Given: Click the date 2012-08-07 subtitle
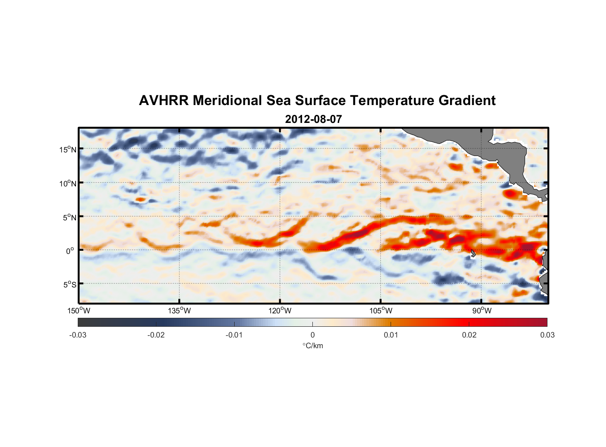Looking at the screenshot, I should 313,119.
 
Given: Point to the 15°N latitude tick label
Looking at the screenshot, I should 67,149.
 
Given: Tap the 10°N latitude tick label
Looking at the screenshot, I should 67,183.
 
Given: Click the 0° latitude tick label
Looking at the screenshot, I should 70,251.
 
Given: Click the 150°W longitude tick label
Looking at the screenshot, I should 79,311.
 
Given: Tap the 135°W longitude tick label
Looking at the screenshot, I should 179,311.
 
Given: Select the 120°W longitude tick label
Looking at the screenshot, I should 280,311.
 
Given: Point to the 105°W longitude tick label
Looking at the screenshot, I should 381,311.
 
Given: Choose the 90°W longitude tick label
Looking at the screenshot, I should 482,311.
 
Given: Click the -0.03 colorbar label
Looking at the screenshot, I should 78,335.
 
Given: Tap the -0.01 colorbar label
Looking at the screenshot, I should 234,335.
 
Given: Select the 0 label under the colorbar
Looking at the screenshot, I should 312,335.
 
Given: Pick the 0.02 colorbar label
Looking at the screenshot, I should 469,335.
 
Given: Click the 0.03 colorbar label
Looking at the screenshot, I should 547,335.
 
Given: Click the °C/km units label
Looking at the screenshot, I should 312,346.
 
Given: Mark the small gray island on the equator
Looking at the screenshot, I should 473,253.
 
